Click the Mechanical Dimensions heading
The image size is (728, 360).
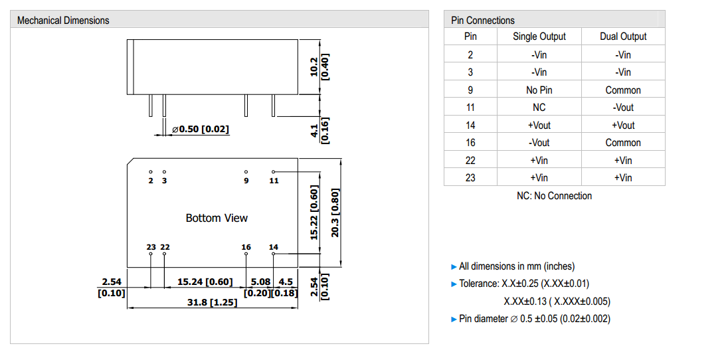click(63, 21)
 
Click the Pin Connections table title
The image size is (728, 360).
click(482, 21)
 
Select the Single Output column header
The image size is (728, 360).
click(539, 37)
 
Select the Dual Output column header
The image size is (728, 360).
click(622, 37)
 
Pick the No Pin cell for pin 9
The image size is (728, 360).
click(539, 90)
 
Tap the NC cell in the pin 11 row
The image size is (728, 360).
click(539, 107)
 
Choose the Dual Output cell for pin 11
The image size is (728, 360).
click(622, 107)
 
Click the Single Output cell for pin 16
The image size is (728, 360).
click(539, 142)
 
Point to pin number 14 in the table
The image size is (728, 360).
click(470, 125)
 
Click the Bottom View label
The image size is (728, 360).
click(217, 218)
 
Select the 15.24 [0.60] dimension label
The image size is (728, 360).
click(205, 282)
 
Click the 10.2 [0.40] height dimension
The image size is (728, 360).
click(319, 66)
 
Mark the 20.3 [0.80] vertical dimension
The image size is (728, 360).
click(335, 213)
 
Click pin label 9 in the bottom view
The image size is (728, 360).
click(246, 181)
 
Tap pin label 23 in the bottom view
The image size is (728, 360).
click(151, 247)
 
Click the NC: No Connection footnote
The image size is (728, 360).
click(554, 196)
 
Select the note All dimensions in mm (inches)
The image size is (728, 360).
click(517, 266)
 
